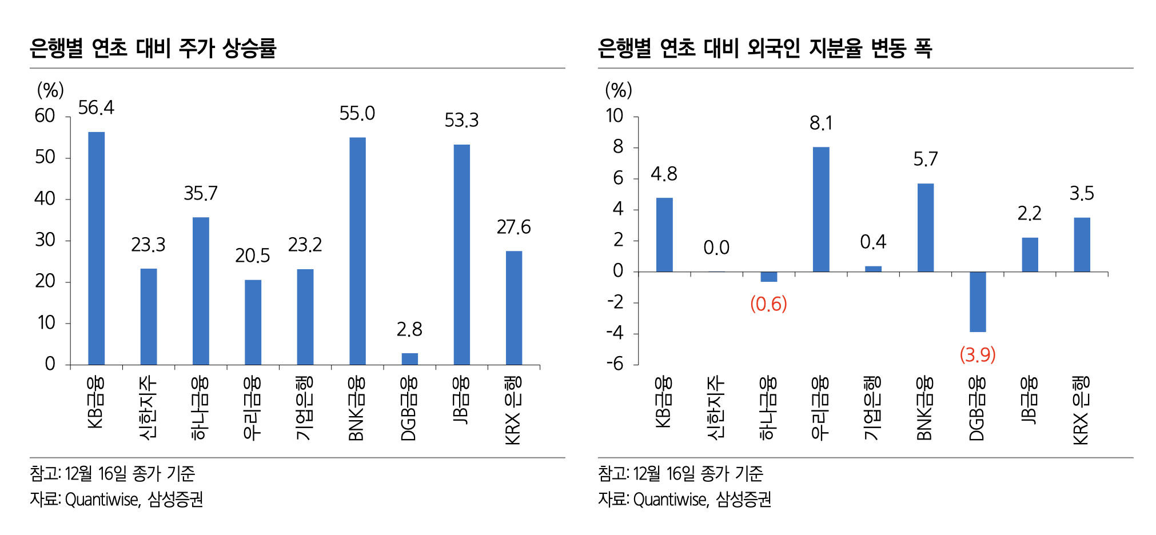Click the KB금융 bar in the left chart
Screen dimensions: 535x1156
[x=96, y=248]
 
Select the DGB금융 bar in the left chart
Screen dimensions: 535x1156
[x=409, y=359]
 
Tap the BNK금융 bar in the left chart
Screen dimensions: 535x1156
[x=357, y=251]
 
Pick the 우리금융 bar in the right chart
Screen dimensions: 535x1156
[x=821, y=209]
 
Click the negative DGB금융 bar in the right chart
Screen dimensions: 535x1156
[x=978, y=302]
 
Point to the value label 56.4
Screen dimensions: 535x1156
[x=96, y=107]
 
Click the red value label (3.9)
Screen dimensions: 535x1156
[x=978, y=355]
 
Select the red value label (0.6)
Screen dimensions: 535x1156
[x=768, y=304]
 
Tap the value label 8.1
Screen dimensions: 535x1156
[x=821, y=123]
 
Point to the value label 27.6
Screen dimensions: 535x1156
[x=513, y=227]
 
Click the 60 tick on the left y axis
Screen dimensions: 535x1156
[x=45, y=116]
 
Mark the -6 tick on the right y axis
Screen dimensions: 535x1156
[x=615, y=364]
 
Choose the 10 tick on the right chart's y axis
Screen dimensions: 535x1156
[x=615, y=116]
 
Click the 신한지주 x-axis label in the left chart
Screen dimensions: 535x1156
[x=148, y=408]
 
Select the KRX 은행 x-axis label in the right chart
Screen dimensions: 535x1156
[x=1082, y=410]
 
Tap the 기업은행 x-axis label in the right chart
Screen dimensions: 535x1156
[x=873, y=408]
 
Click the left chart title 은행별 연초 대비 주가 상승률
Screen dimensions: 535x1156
[x=153, y=48]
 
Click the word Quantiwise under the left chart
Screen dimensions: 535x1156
[x=102, y=500]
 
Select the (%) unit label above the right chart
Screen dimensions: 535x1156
[x=618, y=90]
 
